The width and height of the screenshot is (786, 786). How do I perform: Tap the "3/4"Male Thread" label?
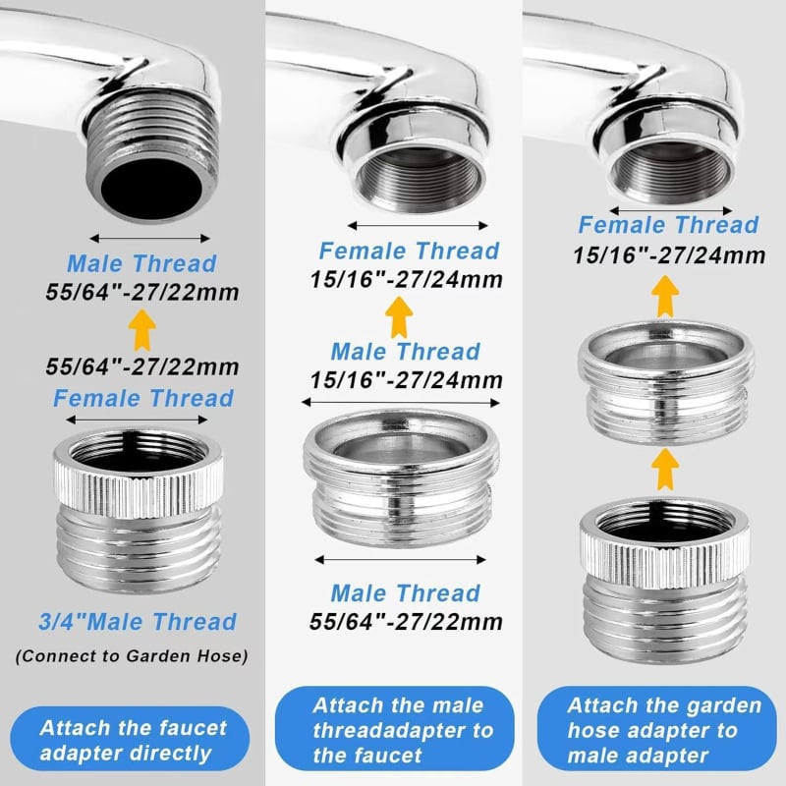pyautogui.click(x=138, y=622)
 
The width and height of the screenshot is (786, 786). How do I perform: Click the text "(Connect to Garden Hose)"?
pyautogui.click(x=132, y=656)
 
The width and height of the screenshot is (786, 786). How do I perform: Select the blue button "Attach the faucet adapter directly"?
pyautogui.click(x=130, y=740)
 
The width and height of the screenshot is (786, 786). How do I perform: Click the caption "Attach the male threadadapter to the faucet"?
pyautogui.click(x=395, y=729)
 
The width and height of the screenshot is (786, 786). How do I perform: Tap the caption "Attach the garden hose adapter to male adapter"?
pyautogui.click(x=656, y=729)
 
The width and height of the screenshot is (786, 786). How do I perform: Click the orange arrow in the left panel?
pyautogui.click(x=141, y=330)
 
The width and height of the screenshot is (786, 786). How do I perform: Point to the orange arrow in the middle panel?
pyautogui.click(x=399, y=316)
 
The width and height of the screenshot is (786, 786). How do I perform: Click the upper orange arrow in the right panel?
pyautogui.click(x=665, y=296)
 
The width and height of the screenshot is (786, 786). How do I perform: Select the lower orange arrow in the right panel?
pyautogui.click(x=665, y=469)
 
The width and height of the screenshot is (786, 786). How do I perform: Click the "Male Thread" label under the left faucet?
pyautogui.click(x=141, y=263)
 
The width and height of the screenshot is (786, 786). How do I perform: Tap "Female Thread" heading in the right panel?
pyautogui.click(x=669, y=225)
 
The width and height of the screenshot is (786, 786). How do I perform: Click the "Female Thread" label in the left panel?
pyautogui.click(x=143, y=399)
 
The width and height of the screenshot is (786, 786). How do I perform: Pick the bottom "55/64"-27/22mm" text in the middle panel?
pyautogui.click(x=406, y=622)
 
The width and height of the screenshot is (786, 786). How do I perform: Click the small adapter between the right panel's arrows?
pyautogui.click(x=666, y=383)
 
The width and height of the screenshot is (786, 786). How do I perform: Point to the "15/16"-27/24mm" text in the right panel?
pyautogui.click(x=669, y=255)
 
